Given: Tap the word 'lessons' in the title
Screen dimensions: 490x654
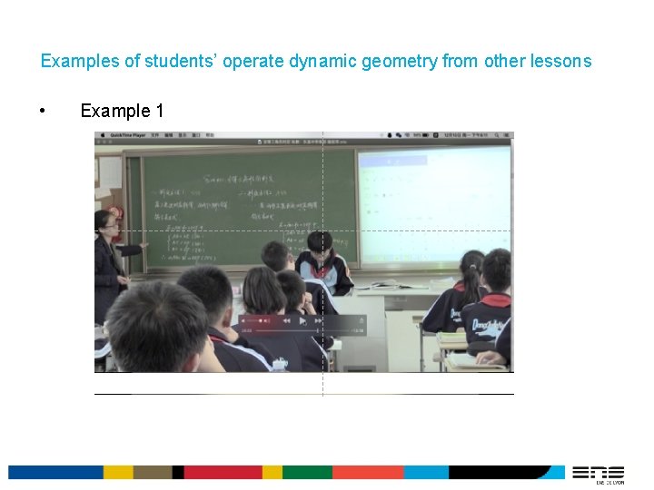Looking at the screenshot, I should [561, 62].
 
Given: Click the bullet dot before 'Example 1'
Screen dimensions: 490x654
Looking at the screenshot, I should [43, 112].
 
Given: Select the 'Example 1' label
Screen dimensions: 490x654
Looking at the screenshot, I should [122, 112].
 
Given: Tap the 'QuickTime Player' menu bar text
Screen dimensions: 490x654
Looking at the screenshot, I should [128, 135].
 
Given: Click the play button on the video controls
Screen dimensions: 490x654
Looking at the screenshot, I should [303, 320].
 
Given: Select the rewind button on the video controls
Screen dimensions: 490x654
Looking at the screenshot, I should [286, 320].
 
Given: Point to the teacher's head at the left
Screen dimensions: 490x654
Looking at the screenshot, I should [105, 220].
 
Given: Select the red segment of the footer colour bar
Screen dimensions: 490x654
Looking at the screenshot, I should [223, 473].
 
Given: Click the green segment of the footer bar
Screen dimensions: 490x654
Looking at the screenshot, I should [307, 473].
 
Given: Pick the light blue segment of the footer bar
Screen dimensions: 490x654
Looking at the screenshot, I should [426, 473].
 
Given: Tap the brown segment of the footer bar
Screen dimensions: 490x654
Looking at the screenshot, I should [153, 473].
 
